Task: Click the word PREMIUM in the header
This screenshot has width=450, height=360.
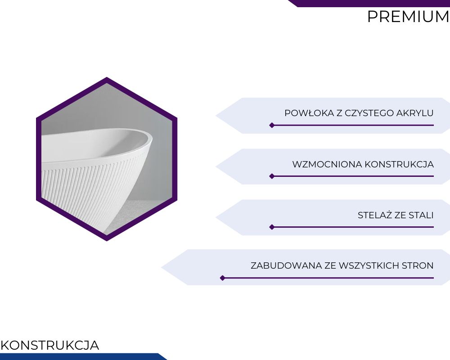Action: [408, 17]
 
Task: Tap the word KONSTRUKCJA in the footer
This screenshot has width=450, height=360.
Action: [50, 345]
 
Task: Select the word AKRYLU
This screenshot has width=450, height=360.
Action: [415, 113]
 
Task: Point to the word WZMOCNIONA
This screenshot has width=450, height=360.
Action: [327, 164]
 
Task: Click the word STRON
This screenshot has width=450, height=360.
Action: [418, 265]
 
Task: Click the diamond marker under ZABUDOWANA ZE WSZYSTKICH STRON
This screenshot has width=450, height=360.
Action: [222, 278]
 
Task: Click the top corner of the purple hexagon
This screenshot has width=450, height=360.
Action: [107, 77]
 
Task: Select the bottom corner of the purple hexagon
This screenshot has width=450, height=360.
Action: [107, 241]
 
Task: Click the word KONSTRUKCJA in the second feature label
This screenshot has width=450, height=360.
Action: [399, 164]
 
